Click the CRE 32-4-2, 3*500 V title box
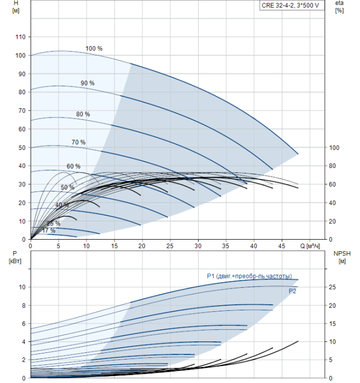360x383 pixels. [x=292, y=5]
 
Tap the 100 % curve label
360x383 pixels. [x=94, y=48]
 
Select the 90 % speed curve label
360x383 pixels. [x=88, y=83]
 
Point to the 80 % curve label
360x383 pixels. [x=83, y=114]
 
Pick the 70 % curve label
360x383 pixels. [x=78, y=142]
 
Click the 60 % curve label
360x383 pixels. [x=73, y=166]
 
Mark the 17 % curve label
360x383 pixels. [x=49, y=230]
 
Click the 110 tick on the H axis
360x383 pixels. [x=20, y=37]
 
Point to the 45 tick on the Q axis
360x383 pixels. [x=282, y=246]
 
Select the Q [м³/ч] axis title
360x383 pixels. [x=310, y=246]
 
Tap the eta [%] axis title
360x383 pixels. [x=340, y=7]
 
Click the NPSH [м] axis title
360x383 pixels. [x=342, y=257]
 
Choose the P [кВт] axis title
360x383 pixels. [x=15, y=257]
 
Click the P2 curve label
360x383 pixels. [x=292, y=291]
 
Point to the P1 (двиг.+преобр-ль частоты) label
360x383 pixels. [x=249, y=276]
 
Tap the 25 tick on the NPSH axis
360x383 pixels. [x=332, y=287]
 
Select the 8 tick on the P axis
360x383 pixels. [x=24, y=305]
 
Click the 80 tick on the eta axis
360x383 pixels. [x=332, y=166]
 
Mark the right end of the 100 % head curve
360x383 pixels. [x=298, y=154]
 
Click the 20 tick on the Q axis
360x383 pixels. [x=142, y=246]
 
